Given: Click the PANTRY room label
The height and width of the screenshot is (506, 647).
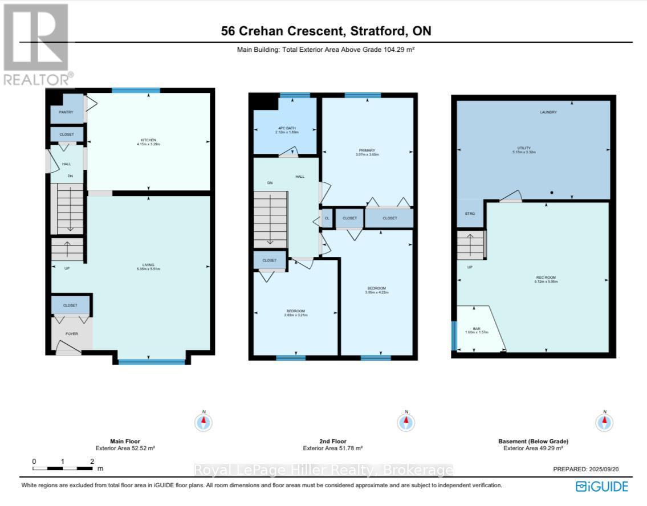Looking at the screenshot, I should pos(66,112).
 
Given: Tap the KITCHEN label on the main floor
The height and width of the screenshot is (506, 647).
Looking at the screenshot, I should pos(148,140).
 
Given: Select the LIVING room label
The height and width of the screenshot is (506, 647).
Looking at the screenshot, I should pos(148,266).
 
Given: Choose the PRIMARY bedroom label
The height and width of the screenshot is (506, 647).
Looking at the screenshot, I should pos(367,151).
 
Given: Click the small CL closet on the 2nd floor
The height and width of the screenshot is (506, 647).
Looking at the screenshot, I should pos(327,218).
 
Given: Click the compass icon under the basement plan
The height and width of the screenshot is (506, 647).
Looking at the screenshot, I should pos(604,422).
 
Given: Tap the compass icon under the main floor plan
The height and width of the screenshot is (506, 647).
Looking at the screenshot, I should pos(204,422).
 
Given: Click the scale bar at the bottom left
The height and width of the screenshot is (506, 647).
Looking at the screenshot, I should pos(63,468).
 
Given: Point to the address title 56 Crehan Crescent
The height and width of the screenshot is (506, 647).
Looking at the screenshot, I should pos(325,31).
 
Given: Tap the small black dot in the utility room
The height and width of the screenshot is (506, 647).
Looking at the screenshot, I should pos(552,193).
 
